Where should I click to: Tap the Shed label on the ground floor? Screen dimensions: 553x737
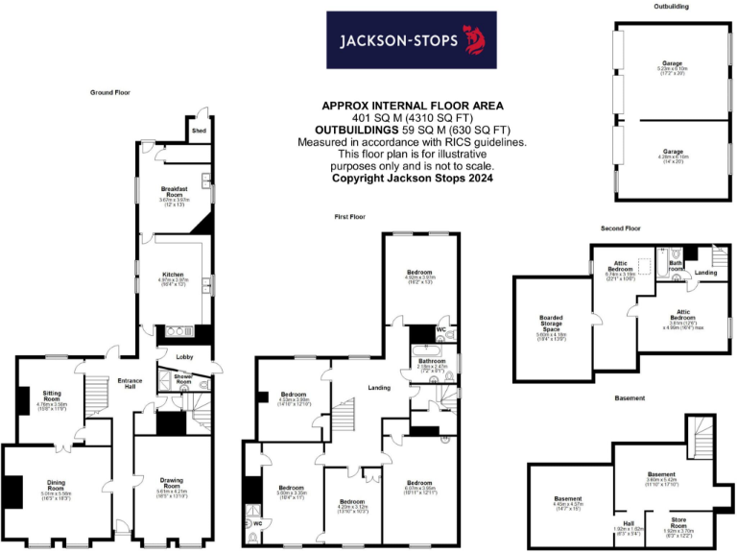200,132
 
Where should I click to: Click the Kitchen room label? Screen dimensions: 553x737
173,274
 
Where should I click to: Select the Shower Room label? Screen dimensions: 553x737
185,376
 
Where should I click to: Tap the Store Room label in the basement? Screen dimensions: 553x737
678,524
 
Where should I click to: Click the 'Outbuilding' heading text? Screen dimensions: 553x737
671,7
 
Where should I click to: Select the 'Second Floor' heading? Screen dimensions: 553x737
620,228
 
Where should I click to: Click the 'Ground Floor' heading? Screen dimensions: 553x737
110,93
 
